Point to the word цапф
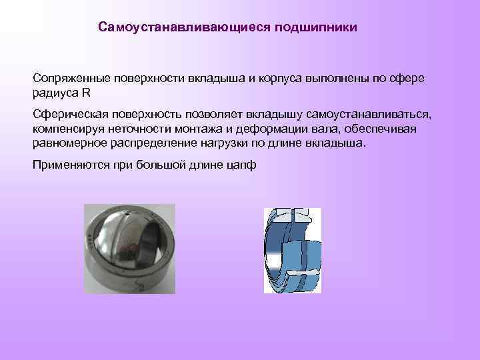241,165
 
